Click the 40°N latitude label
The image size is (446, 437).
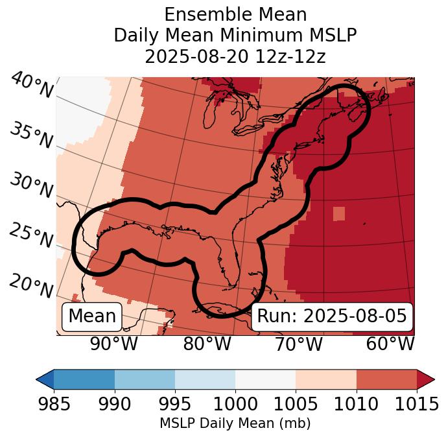tap(31, 86)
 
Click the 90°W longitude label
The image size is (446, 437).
tap(114, 344)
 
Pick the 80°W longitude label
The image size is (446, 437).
tap(207, 344)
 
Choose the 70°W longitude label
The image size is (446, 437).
tap(298, 344)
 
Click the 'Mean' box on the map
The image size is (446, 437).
tap(92, 316)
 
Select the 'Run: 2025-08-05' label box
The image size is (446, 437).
tap(332, 316)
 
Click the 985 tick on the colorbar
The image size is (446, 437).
tap(54, 404)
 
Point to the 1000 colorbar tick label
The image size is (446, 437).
tap(235, 404)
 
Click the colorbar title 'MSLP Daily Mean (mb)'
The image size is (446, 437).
tap(235, 423)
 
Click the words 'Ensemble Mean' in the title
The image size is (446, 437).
tap(235, 14)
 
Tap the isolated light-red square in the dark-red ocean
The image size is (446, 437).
tap(340, 214)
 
